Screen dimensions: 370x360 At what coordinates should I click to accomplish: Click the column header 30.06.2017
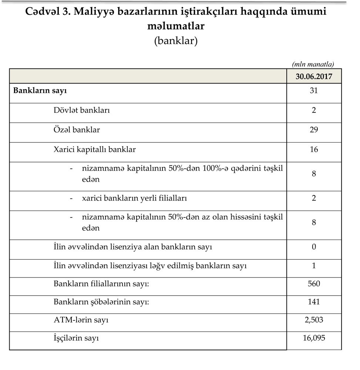click(314, 77)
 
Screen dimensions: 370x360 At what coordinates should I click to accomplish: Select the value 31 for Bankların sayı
click(314, 90)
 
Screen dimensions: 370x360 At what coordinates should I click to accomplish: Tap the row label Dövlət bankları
click(81, 110)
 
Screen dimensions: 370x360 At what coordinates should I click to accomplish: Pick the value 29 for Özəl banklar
click(314, 130)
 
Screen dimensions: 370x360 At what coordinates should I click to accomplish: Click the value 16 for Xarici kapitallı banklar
click(314, 149)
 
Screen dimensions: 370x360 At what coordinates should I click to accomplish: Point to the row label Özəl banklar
click(77, 130)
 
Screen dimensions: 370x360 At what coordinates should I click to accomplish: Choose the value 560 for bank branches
click(314, 284)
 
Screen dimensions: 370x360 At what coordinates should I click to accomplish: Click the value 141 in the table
click(314, 302)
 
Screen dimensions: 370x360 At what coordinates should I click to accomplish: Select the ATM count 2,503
click(314, 320)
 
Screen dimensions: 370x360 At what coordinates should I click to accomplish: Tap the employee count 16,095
click(314, 338)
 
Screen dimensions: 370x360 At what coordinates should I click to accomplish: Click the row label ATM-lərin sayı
click(81, 320)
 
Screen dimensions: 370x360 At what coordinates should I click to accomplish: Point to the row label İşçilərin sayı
click(76, 338)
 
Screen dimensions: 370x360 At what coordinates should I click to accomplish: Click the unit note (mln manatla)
click(313, 64)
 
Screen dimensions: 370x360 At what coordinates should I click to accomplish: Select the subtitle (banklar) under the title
click(176, 40)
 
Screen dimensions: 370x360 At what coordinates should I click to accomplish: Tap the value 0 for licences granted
click(314, 247)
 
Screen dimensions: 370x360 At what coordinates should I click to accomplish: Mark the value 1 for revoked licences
click(314, 266)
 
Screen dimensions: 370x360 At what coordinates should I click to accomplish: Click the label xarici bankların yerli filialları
click(134, 198)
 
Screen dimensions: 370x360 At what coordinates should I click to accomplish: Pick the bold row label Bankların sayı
click(40, 90)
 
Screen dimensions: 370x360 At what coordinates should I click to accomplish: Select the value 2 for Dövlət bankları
click(314, 110)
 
